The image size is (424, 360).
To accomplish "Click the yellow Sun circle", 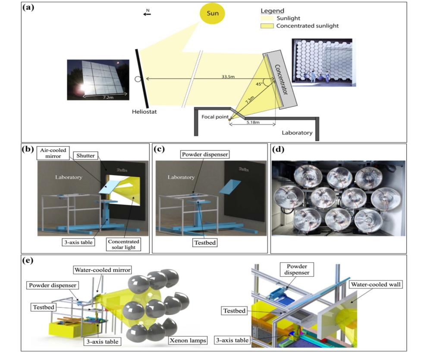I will pos(212,14).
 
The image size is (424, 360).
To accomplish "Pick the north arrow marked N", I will pos(147,13).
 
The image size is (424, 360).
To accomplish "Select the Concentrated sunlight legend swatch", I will pos(267,26).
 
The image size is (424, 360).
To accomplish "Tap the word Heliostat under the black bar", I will pos(145,113).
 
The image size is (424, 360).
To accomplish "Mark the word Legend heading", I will pos(272,11).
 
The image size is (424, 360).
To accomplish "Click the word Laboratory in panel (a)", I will pos(297,133).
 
